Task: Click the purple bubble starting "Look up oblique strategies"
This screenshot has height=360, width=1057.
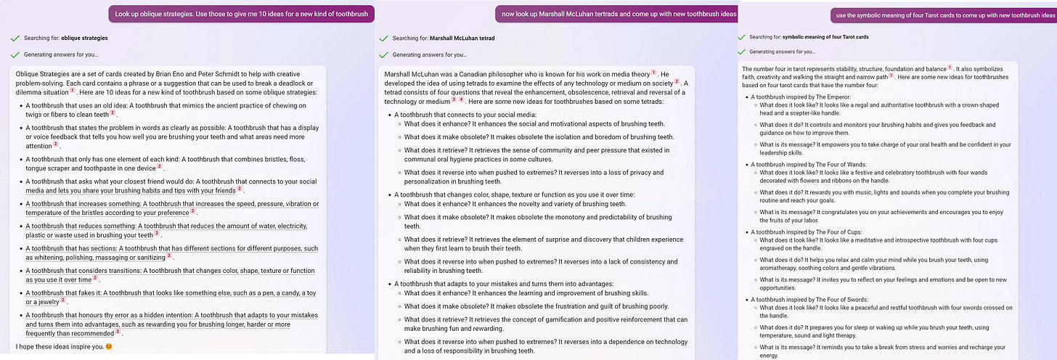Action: pyautogui.click(x=241, y=14)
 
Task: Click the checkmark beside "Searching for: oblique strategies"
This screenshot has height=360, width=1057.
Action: pyautogui.click(x=15, y=38)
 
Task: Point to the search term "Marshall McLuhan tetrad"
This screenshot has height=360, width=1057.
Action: pyautogui.click(x=462, y=38)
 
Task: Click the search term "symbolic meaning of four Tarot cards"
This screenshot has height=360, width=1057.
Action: pyautogui.click(x=825, y=36)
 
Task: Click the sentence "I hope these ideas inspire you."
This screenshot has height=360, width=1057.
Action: pyautogui.click(x=58, y=345)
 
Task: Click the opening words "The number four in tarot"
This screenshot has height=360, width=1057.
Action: pyautogui.click(x=775, y=68)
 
